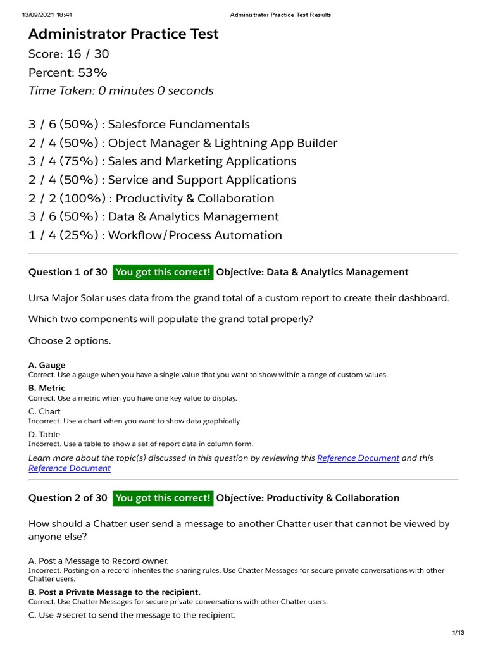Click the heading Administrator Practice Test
click(x=123, y=34)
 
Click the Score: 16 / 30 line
click(x=68, y=54)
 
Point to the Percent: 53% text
click(x=68, y=72)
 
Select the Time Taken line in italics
click(x=121, y=90)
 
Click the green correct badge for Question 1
click(x=163, y=272)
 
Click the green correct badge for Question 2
click(x=163, y=498)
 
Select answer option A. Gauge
click(x=47, y=365)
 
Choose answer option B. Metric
click(x=47, y=388)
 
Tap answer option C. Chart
click(x=44, y=411)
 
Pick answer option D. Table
click(x=44, y=434)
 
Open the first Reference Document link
click(x=358, y=458)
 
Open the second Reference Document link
click(x=70, y=468)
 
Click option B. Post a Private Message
click(x=115, y=592)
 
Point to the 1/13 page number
click(x=458, y=633)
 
